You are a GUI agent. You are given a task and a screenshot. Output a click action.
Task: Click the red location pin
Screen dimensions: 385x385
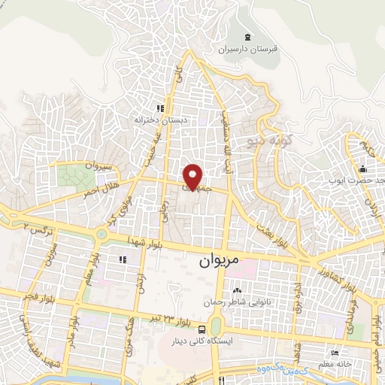[194, 176]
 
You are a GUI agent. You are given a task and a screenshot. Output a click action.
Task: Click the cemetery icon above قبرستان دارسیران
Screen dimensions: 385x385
[248, 35]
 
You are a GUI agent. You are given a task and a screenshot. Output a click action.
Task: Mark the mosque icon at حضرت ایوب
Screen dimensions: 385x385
[362, 168]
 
